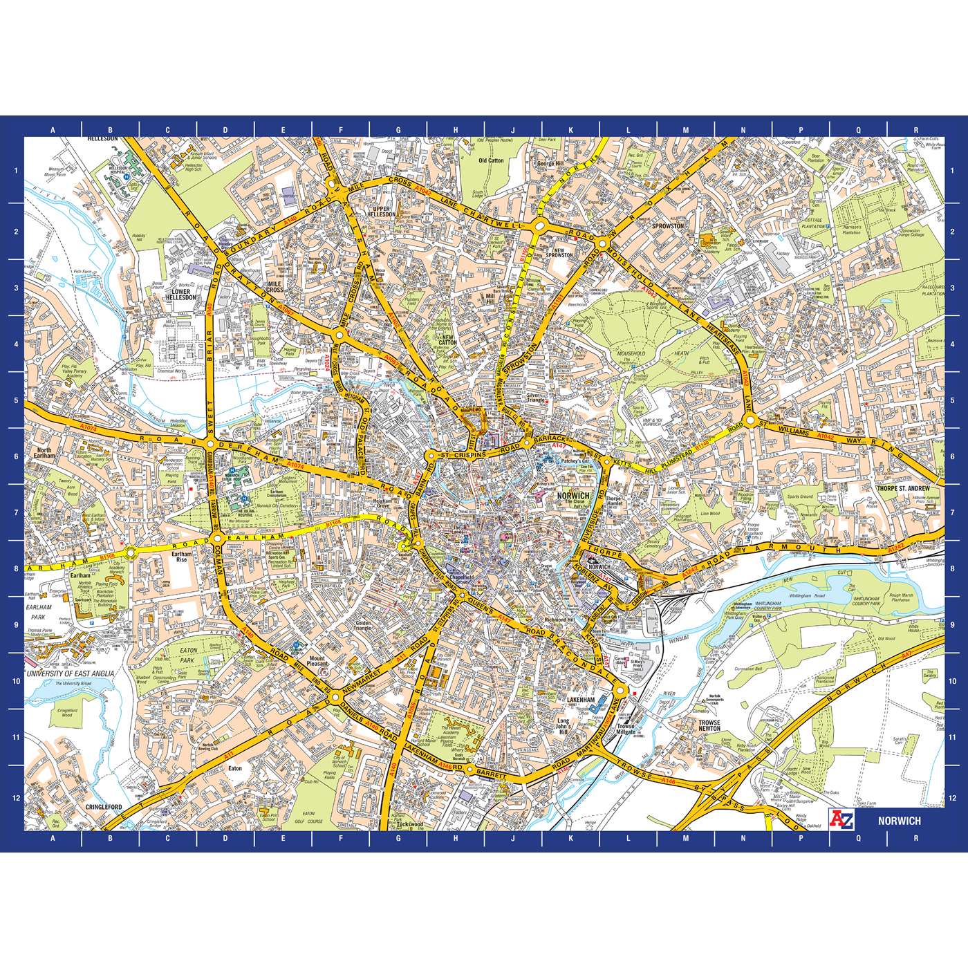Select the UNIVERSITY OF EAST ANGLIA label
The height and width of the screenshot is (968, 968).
pos(70,673)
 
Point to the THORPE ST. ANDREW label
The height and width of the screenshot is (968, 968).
pos(909,488)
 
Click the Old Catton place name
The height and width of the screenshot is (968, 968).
pos(491,160)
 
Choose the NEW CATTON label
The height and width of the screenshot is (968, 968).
pos(447,339)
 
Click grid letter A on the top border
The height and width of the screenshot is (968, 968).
pos(53,130)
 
